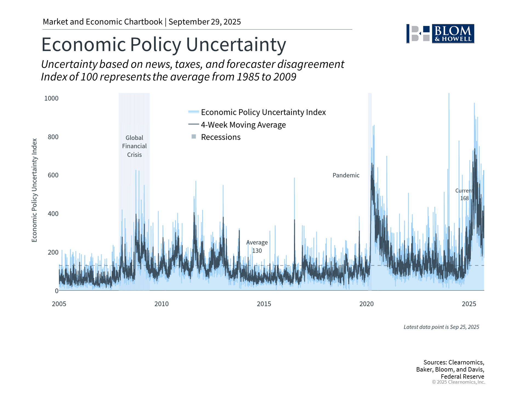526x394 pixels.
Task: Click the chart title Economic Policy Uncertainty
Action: point(164,44)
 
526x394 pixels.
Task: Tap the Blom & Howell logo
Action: point(440,34)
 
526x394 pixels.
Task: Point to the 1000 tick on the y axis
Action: point(51,98)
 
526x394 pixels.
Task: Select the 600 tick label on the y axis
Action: point(53,175)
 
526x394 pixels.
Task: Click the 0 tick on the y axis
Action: point(56,291)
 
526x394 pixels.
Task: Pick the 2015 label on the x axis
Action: point(264,304)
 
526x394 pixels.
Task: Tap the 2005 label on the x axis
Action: point(59,304)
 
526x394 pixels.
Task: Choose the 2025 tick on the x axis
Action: point(469,304)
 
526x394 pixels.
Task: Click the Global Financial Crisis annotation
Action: point(134,146)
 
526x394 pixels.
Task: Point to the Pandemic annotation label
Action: point(346,175)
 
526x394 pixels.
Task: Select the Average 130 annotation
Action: point(257,247)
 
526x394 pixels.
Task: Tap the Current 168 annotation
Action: point(464,195)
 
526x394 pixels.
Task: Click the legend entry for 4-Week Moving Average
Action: point(243,125)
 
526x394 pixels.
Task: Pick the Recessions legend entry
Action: point(221,137)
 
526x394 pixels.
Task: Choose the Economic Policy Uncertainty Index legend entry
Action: point(263,112)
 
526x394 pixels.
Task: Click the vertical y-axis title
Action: point(34,190)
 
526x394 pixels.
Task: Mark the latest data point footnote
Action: point(441,327)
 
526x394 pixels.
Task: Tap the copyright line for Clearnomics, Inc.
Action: point(458,382)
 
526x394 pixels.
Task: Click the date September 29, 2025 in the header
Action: point(205,22)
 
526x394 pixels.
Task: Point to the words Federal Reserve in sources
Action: point(462,376)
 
